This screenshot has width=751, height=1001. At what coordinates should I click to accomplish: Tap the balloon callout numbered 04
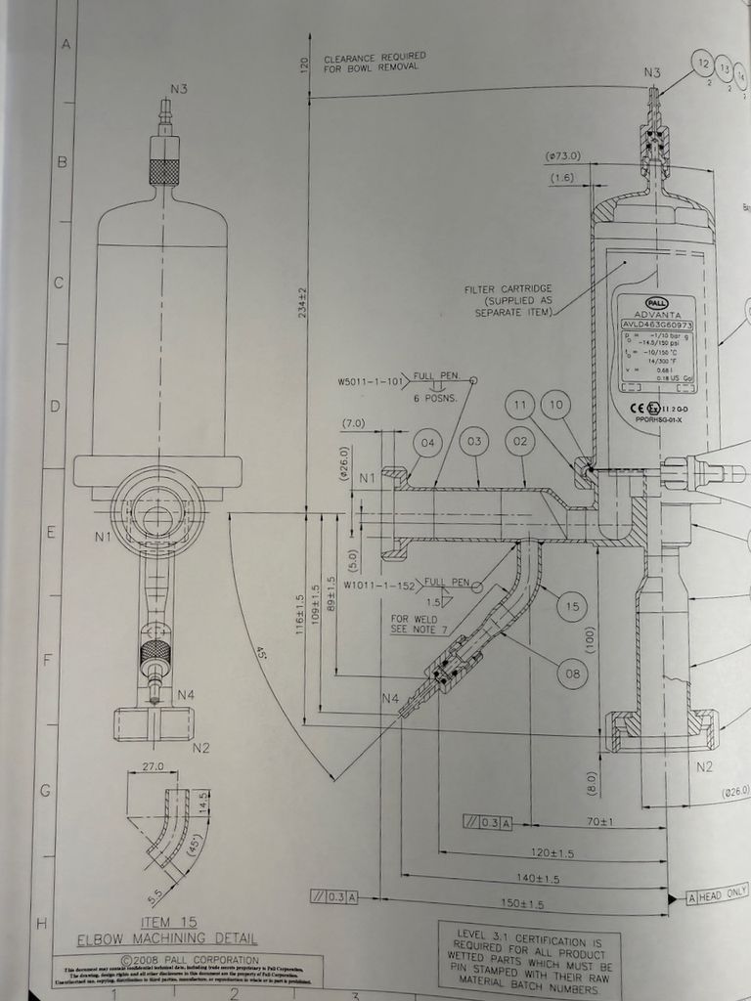427,443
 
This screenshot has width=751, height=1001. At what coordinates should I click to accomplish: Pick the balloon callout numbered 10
556,404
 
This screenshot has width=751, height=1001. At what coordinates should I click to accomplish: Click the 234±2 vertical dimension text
303,302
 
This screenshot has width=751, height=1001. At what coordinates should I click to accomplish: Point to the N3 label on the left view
179,89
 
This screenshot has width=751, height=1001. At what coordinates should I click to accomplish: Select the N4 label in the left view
185,695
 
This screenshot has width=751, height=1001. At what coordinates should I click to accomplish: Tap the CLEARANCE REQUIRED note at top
375,62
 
